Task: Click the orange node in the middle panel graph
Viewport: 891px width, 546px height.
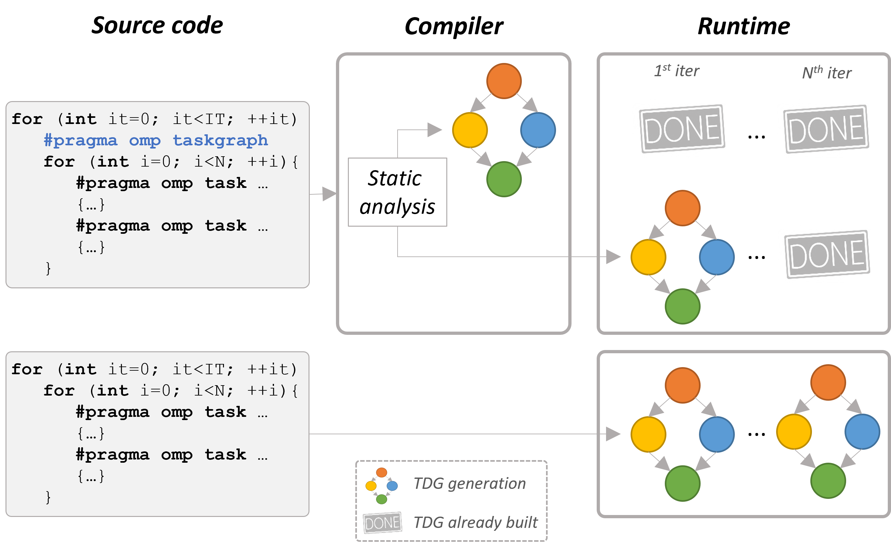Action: pyautogui.click(x=504, y=81)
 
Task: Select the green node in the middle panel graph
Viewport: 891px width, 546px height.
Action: pyautogui.click(x=504, y=179)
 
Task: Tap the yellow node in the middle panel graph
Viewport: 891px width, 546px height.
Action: pyautogui.click(x=470, y=130)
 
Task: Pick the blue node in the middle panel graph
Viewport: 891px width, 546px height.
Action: pyautogui.click(x=538, y=130)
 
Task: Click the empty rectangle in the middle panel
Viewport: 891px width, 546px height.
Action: pyautogui.click(x=397, y=192)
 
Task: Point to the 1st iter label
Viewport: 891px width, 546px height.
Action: pyautogui.click(x=677, y=71)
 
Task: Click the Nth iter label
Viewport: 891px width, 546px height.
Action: pyautogui.click(x=827, y=73)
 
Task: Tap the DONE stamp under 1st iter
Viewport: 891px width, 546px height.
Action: pyautogui.click(x=682, y=129)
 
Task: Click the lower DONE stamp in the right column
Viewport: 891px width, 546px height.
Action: pyautogui.click(x=827, y=255)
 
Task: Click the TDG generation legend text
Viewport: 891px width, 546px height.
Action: pyautogui.click(x=469, y=484)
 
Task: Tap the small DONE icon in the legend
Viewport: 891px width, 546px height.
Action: pyautogui.click(x=382, y=522)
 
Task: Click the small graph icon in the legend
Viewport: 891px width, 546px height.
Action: pyautogui.click(x=381, y=486)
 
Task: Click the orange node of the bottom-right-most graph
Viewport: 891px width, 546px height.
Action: pyautogui.click(x=828, y=382)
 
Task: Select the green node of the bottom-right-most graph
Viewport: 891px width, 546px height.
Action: pyautogui.click(x=828, y=481)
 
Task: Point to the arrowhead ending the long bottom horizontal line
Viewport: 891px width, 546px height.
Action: pyautogui.click(x=613, y=434)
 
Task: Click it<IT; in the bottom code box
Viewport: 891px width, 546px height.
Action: pyautogui.click(x=203, y=369)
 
